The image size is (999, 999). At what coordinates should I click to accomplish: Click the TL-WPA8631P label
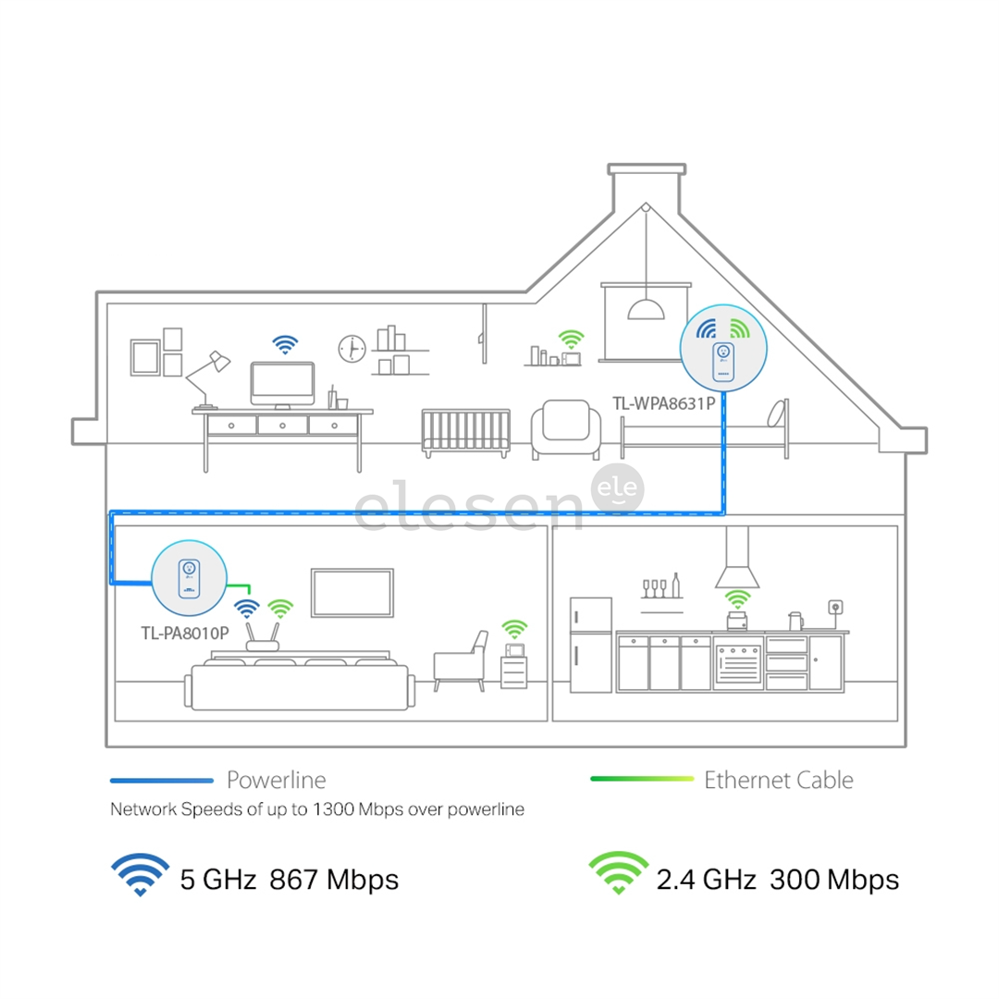point(664,403)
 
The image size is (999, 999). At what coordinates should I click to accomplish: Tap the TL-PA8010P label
point(185,633)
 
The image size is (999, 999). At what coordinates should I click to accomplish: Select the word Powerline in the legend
point(277,780)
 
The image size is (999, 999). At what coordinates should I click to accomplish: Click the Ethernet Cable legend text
point(779,780)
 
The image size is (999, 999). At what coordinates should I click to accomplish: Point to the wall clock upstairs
point(351,349)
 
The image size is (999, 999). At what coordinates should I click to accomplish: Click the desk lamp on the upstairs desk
point(208,380)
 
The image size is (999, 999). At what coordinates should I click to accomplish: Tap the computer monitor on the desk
point(282,386)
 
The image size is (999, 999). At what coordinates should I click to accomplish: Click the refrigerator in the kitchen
point(590,645)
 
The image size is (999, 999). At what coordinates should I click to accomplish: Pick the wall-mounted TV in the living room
point(352,593)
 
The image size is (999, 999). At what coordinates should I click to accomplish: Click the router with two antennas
point(263,637)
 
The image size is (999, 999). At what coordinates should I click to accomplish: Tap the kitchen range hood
point(737,558)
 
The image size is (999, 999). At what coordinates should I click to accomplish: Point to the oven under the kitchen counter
point(738,662)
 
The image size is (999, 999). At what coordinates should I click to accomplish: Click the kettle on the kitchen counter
point(795,621)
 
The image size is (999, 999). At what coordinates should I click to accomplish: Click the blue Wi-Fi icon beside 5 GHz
point(141,874)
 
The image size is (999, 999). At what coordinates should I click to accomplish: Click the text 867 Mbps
point(334,880)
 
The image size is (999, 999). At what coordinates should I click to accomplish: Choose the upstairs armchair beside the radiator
point(566,429)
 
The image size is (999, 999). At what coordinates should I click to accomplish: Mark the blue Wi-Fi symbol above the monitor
point(285,345)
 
